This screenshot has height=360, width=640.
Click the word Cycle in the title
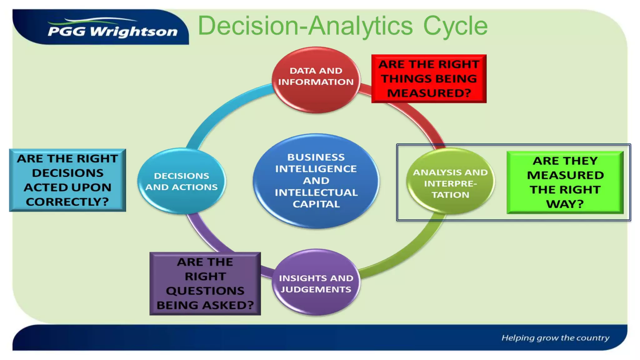tap(455, 26)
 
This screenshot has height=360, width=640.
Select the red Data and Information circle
tap(316, 79)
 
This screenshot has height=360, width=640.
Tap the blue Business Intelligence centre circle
tap(316, 181)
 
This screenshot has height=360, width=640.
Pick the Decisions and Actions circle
tap(181, 181)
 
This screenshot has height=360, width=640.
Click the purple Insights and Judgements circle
tap(316, 282)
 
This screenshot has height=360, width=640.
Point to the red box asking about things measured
tap(429, 79)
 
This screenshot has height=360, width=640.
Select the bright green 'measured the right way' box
tap(565, 182)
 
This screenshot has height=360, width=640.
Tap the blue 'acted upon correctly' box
tap(67, 180)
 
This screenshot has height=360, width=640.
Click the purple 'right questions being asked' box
tap(205, 283)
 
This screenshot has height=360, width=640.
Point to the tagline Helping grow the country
tap(555, 338)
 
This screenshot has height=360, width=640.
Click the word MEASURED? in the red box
tap(429, 93)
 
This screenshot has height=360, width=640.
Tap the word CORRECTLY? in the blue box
tap(67, 202)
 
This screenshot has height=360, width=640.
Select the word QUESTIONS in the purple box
tap(205, 291)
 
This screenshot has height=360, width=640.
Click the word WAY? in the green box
tap(565, 204)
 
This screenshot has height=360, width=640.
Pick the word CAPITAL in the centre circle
tap(316, 204)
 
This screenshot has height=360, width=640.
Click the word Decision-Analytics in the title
tap(305, 26)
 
